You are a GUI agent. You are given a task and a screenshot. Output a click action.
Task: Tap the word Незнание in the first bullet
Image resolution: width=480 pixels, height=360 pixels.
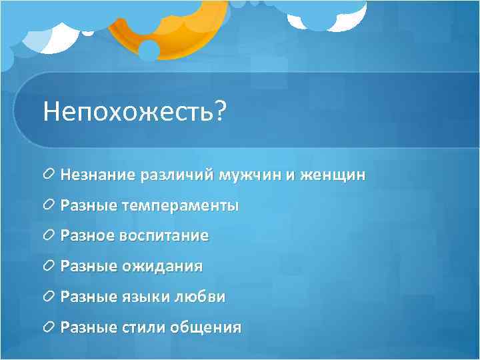[x=98, y=175]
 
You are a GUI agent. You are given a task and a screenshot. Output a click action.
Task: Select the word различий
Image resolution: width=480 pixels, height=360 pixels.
[x=175, y=175]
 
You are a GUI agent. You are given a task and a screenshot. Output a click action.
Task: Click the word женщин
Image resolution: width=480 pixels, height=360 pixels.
[x=331, y=175]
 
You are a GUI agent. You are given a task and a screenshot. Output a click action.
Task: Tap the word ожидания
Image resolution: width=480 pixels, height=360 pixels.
[x=162, y=267]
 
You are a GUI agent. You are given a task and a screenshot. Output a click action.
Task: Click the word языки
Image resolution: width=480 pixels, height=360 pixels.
[x=143, y=297]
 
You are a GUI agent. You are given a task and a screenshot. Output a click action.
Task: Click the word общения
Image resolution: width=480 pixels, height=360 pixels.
[x=206, y=328]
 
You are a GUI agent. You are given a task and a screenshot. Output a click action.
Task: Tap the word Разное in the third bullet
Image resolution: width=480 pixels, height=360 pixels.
[x=88, y=236]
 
